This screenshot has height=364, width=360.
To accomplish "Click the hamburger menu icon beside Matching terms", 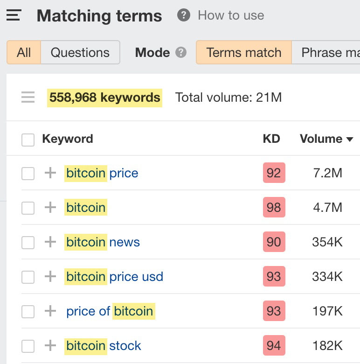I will click(14, 15).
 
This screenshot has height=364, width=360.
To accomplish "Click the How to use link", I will click(230, 15).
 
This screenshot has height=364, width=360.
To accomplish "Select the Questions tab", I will click(80, 52).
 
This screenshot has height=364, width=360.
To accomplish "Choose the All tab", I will click(24, 52).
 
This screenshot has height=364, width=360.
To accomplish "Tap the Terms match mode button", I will click(243, 52).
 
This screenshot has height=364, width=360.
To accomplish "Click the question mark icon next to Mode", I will click(181, 52).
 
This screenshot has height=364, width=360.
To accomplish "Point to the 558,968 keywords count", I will click(104, 98).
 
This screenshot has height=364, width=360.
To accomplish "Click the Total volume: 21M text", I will click(228, 98).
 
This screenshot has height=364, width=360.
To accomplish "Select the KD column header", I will click(271, 139).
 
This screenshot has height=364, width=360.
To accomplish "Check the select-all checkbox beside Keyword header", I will click(28, 140).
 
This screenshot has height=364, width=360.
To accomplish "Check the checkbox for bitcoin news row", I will click(28, 243).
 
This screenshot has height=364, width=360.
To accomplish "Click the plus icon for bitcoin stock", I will click(50, 346).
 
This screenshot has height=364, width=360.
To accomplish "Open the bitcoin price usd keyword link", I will click(114, 277).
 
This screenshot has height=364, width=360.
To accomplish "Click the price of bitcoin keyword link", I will click(110, 311).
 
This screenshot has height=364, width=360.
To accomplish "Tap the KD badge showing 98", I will click(274, 208).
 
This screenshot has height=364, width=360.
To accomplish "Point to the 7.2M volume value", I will click(327, 173).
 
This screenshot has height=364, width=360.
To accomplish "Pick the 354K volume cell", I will click(327, 242).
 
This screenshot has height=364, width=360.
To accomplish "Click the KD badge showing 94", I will click(274, 346).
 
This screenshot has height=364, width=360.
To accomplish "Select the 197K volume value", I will click(327, 311).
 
